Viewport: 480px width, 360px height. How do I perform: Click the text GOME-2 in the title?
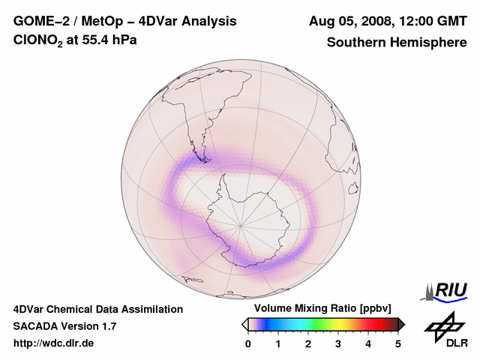[40, 22]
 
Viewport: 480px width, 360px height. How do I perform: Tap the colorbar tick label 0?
[248, 343]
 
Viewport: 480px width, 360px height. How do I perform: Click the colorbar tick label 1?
[278, 343]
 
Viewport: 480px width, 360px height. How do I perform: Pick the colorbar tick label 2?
[308, 343]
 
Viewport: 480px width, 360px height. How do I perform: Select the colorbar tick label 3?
[338, 343]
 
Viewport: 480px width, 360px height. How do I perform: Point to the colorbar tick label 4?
[368, 343]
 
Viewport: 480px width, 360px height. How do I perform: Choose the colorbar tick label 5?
[398, 343]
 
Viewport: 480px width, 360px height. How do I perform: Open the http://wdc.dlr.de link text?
[54, 343]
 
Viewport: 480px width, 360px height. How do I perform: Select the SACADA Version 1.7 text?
[64, 326]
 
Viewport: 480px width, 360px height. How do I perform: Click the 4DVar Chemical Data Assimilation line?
[97, 309]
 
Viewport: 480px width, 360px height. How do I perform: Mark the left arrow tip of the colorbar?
[244, 324]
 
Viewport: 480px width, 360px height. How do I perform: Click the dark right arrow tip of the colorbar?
[402, 324]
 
